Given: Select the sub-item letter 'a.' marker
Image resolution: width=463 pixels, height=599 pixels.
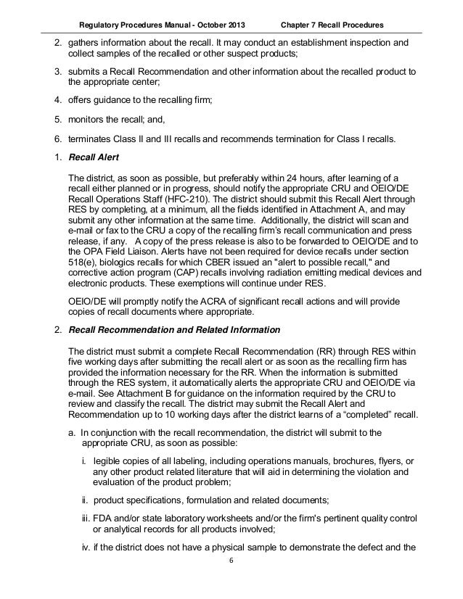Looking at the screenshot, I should pyautogui.click(x=71, y=433).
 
